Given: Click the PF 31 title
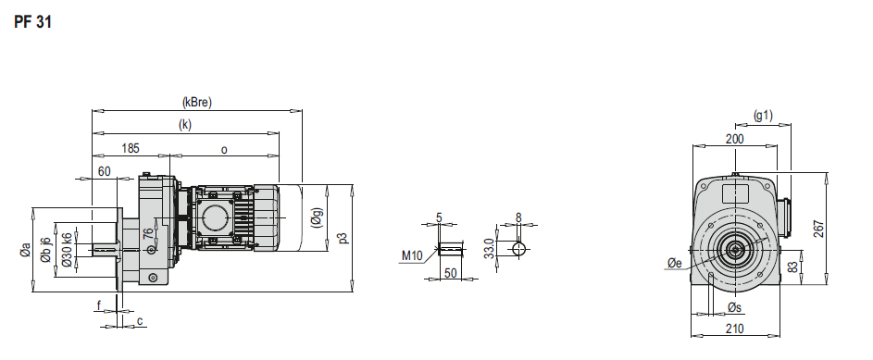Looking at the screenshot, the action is (32, 23).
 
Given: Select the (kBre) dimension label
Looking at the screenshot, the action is (197, 103).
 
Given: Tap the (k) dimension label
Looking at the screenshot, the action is (185, 125).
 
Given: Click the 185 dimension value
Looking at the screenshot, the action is (131, 149).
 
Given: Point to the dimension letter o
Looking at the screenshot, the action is (224, 150).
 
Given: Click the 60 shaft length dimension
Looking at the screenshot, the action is (104, 171).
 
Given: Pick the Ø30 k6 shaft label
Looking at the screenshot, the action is (67, 250).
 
